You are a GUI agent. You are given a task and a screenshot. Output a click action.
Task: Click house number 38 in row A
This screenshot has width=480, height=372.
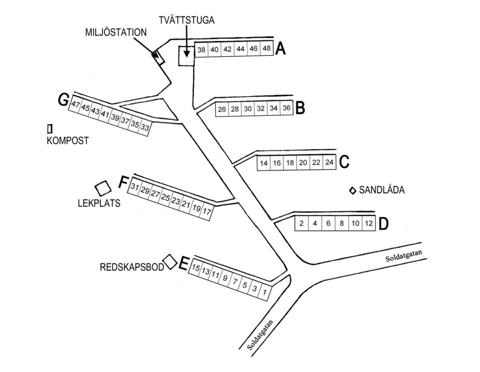(202, 50)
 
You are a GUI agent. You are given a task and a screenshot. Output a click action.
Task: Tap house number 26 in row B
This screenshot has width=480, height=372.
(221, 110)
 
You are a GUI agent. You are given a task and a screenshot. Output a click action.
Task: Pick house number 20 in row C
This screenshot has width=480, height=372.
(303, 163)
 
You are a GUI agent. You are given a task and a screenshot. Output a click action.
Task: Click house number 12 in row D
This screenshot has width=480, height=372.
(368, 224)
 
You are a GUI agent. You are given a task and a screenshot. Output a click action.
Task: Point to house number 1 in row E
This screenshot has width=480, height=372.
(265, 292)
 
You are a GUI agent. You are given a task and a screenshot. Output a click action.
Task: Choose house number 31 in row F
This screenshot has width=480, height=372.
(135, 187)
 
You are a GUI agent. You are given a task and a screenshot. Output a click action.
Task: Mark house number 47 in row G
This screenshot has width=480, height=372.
(76, 104)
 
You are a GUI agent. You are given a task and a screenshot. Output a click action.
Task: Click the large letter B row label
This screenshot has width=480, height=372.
(299, 109)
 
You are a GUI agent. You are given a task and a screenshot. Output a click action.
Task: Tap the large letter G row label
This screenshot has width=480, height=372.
(63, 100)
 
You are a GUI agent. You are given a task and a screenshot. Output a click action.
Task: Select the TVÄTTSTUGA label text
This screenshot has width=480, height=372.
(187, 20)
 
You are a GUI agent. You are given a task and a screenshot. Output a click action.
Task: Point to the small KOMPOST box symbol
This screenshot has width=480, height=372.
(50, 128)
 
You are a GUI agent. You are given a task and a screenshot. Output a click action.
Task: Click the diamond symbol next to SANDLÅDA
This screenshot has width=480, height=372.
(352, 190)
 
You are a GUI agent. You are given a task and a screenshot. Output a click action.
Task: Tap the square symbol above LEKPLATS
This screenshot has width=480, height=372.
(102, 187)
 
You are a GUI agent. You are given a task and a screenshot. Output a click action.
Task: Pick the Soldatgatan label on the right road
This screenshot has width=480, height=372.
(403, 256)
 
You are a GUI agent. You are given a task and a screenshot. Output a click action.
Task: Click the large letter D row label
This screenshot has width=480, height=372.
(383, 224)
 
